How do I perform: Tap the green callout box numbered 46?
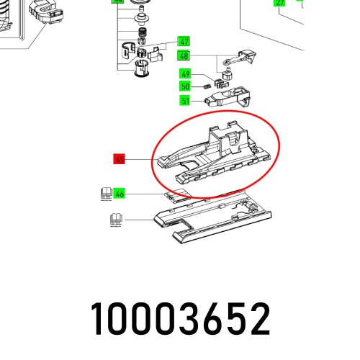[x=120, y=193]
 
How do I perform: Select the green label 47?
[x=184, y=42]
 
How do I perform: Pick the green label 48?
[x=184, y=56]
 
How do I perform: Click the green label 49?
[x=186, y=74]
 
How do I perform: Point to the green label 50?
[x=186, y=86]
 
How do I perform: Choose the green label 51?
[x=186, y=101]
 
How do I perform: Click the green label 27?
[x=280, y=3]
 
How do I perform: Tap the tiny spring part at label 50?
[x=204, y=87]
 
